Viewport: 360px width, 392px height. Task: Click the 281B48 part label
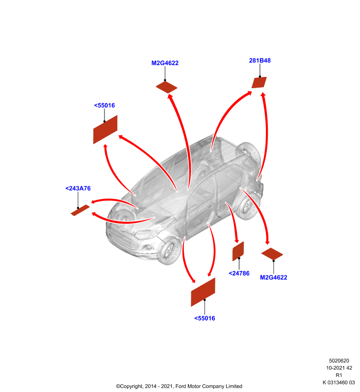point(259,60)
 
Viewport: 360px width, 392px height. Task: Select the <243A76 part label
point(78,188)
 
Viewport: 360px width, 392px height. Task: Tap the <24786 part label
point(239,273)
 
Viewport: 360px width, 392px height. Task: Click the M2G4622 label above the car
point(165,63)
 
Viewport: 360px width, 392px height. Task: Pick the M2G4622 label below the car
point(274,277)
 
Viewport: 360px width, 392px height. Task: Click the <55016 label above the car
point(104,105)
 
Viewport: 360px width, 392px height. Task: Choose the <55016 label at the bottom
point(205,318)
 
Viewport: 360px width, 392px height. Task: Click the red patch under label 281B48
point(259,82)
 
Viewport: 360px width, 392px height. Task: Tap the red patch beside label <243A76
point(80,210)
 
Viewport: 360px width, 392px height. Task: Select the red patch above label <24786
point(238,251)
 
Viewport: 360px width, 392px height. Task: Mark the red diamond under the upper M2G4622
point(167,87)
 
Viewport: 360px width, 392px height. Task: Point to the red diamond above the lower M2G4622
point(272,254)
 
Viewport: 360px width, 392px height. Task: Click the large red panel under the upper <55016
point(105,129)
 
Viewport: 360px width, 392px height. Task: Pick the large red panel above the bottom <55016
point(203,292)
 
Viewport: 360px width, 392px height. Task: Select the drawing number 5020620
point(339,361)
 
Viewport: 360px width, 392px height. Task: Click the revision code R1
point(339,375)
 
